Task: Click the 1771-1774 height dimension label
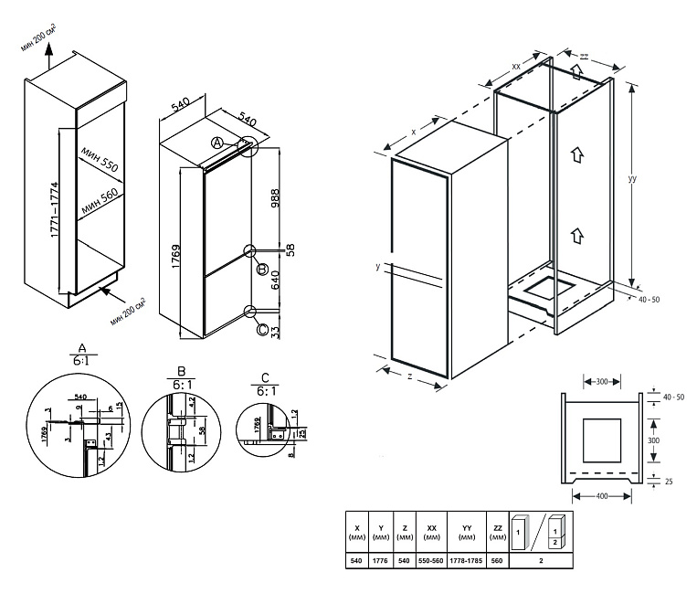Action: pyautogui.click(x=55, y=206)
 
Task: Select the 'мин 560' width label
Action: pyautogui.click(x=99, y=200)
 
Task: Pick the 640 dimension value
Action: pyautogui.click(x=273, y=292)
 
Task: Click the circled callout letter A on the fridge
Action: pyautogui.click(x=217, y=143)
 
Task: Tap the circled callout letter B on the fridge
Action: pyautogui.click(x=262, y=270)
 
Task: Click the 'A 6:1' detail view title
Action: pyautogui.click(x=83, y=356)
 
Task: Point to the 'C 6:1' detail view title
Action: pyautogui.click(x=264, y=385)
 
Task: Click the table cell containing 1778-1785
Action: pyautogui.click(x=466, y=561)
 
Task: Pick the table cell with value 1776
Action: pyautogui.click(x=381, y=561)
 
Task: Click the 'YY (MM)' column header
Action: pyautogui.click(x=466, y=532)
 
